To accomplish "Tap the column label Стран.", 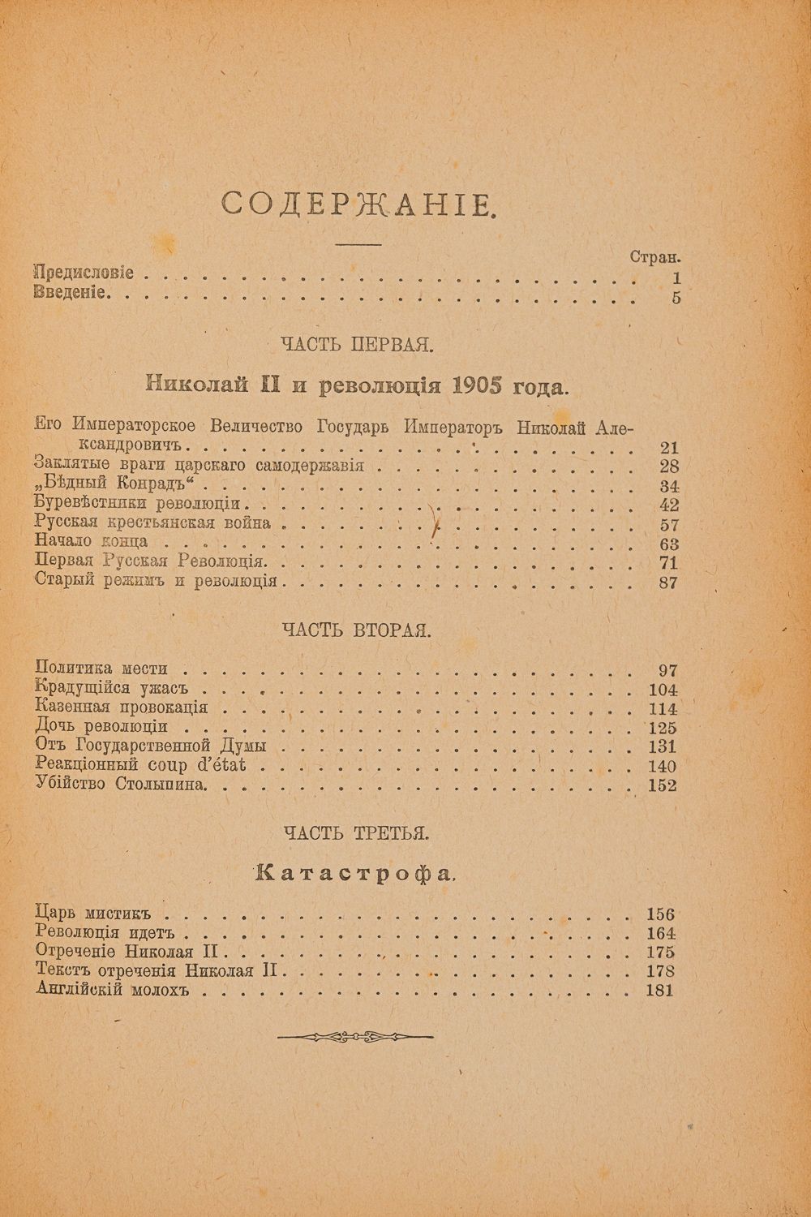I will pos(655,256).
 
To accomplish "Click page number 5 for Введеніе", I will pos(676,296).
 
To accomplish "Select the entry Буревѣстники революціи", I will pos(138,505).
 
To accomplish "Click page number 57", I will pos(669,525).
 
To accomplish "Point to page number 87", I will pos(669,583).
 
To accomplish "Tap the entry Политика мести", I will pos(102,669).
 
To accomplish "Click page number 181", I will pos(659,991).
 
